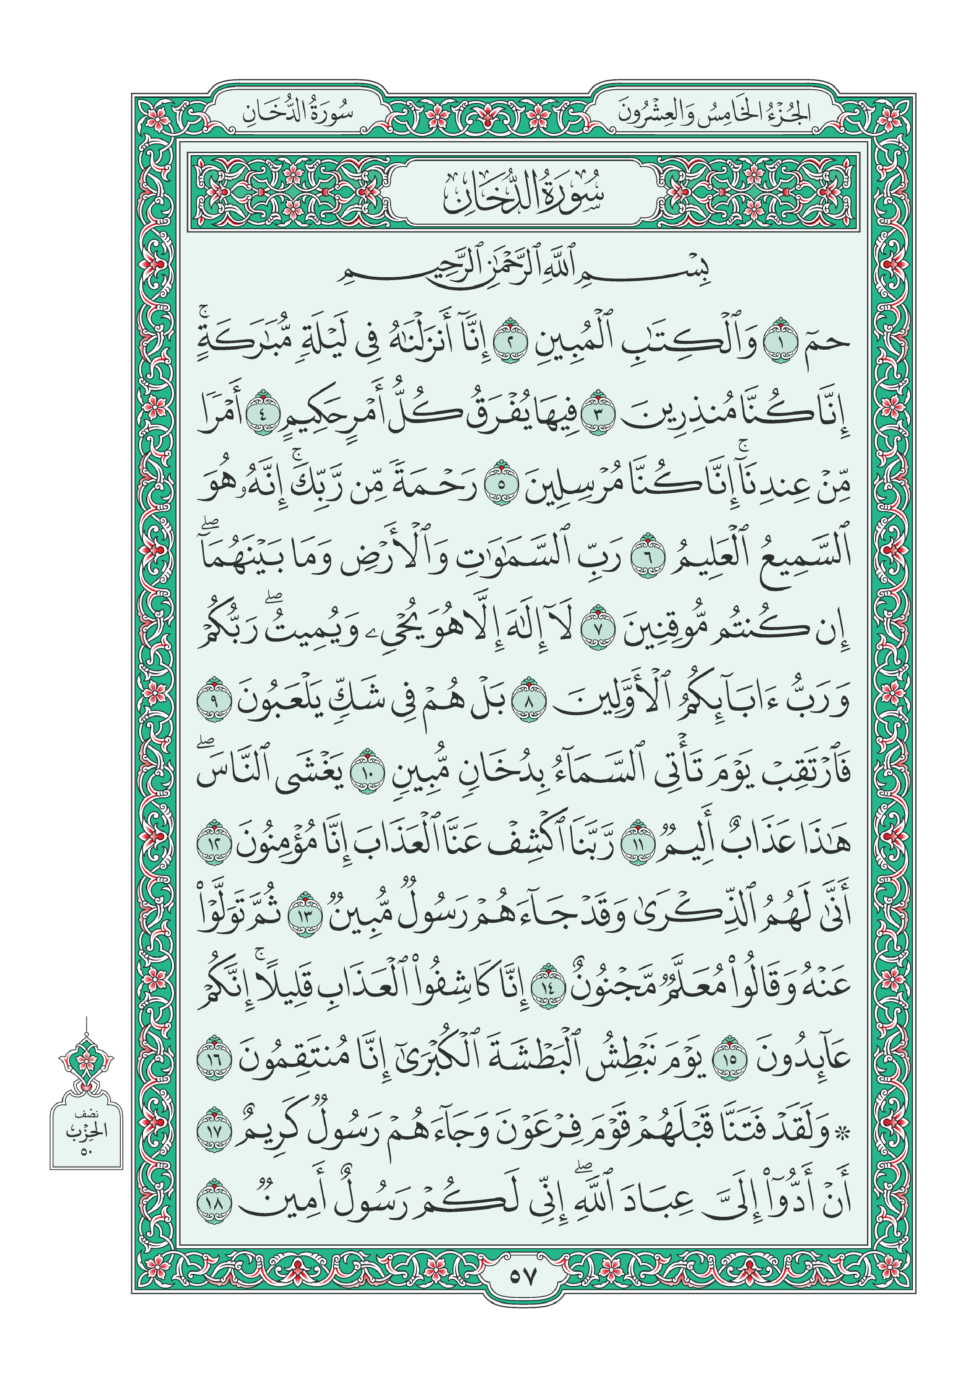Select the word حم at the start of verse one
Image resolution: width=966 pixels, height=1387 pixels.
pos(829,343)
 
